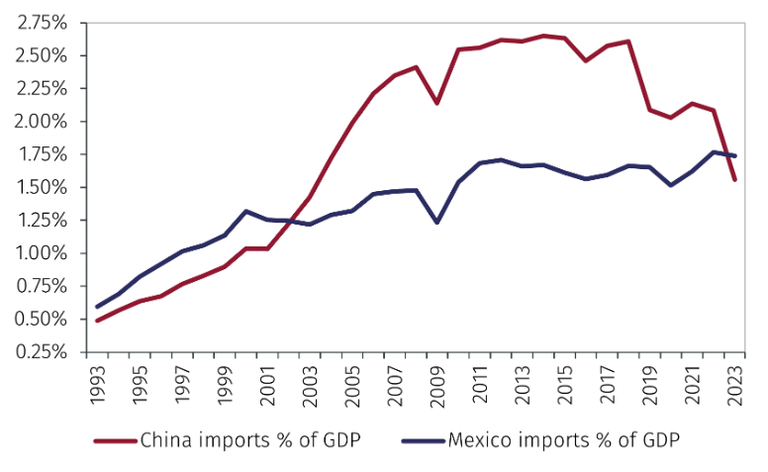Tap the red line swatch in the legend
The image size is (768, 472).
click(116, 439)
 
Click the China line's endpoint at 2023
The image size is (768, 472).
click(734, 179)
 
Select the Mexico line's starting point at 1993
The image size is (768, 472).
click(97, 307)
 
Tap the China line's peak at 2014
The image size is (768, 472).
click(543, 36)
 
